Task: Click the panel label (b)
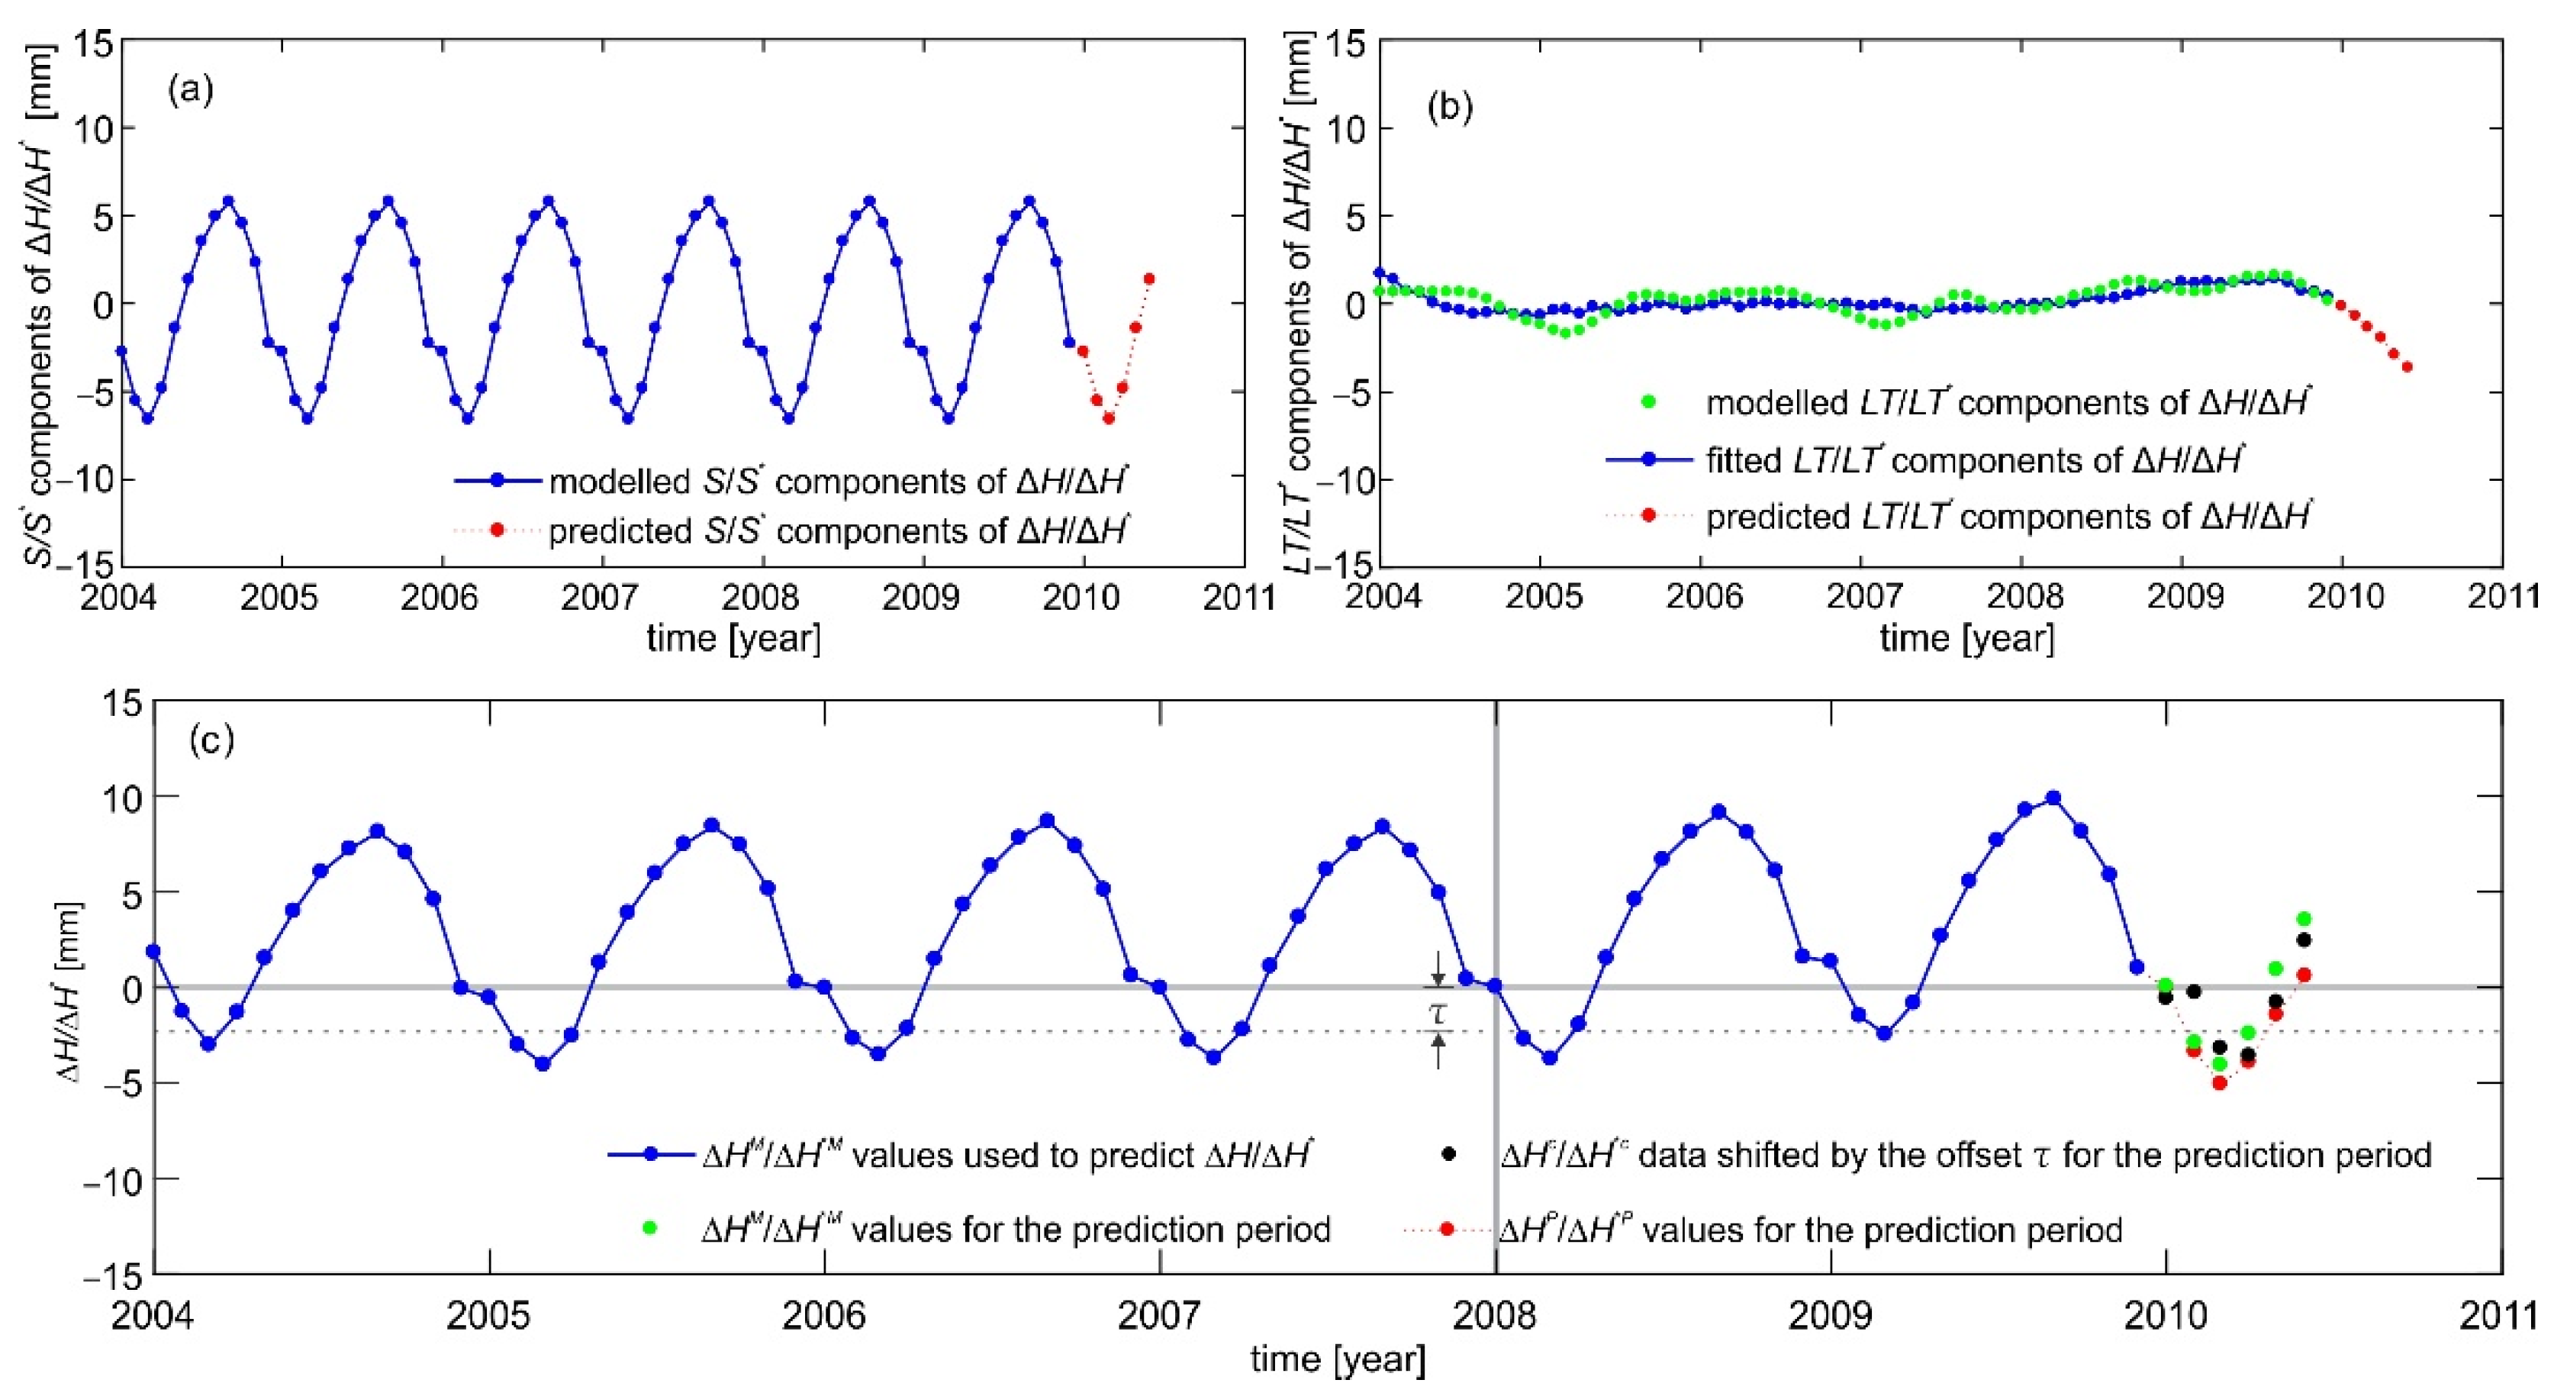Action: click(1450, 106)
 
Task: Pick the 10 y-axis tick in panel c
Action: click(119, 797)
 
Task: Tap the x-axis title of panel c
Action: click(1338, 1359)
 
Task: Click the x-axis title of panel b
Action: click(1967, 637)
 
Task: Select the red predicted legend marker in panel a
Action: click(497, 531)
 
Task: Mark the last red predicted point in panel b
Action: click(2406, 368)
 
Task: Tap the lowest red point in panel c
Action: click(2220, 1083)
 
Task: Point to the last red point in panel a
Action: click(1148, 279)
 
